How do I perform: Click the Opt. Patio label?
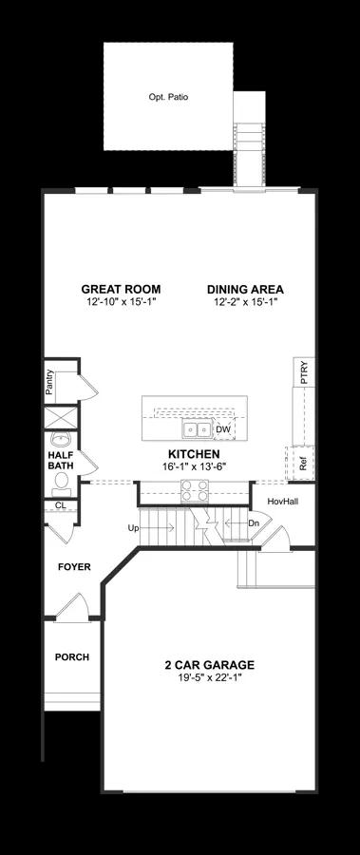168,97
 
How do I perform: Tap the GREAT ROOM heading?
121,290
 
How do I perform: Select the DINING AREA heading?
245,290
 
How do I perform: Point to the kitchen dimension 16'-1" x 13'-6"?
194,465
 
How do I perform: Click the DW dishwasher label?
223,429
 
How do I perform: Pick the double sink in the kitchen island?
197,429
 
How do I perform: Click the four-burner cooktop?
195,490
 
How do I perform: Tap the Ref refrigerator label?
303,464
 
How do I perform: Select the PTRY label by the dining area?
304,372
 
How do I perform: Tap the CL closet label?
60,505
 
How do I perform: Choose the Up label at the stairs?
133,528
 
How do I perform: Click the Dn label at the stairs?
253,522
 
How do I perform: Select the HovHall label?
282,501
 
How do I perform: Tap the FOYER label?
74,567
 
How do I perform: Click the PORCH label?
72,657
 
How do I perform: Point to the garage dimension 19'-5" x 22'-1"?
210,676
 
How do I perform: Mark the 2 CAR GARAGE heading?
210,665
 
